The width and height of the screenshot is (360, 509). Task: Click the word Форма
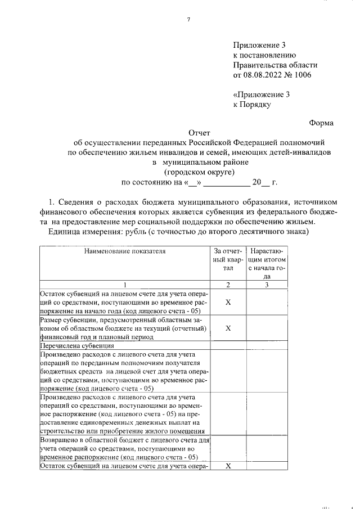[x=321, y=123]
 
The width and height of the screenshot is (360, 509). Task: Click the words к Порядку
[x=252, y=104]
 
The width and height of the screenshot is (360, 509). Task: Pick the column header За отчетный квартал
[x=228, y=260]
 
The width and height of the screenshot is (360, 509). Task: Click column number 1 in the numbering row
[x=124, y=285]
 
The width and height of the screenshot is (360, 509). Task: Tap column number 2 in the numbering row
[x=228, y=285]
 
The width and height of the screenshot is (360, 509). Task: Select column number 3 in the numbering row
[x=267, y=285]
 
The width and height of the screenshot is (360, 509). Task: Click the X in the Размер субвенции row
[x=228, y=328]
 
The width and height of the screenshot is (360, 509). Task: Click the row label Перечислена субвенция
[x=77, y=346]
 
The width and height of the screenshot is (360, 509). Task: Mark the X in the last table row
[x=228, y=466]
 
